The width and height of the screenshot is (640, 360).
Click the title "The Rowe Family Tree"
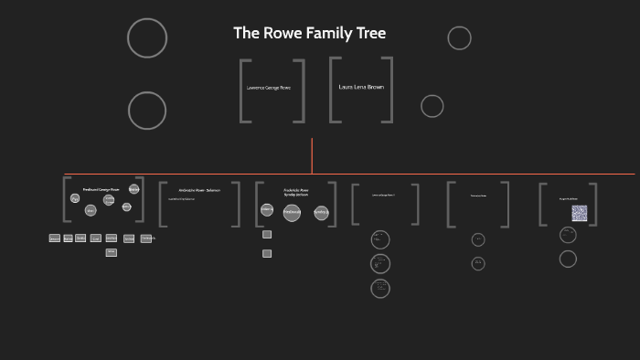pos(309,34)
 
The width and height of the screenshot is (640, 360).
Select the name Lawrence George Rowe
pos(272,88)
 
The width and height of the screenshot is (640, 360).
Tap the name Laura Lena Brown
pos(361,88)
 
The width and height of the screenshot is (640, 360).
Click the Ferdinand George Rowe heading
pos(101,189)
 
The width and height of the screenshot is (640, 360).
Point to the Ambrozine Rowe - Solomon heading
pos(198,190)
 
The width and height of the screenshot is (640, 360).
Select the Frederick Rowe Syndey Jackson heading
pos(295,192)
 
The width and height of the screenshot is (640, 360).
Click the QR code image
pos(579,213)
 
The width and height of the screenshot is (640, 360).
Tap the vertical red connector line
pos(312,155)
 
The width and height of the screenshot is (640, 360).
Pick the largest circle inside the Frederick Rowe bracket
pos(292,213)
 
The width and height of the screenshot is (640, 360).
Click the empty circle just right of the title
pos(459,38)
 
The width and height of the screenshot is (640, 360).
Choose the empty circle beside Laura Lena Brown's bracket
pos(432,106)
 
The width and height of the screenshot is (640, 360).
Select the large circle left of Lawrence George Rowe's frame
pos(147,111)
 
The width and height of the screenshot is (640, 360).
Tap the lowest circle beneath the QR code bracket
pos(568,259)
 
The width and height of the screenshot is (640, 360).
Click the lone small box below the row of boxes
pos(111,252)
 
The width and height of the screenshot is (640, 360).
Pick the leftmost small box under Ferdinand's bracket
pos(55,238)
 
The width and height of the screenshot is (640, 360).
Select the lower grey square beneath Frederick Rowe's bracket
pos(267,253)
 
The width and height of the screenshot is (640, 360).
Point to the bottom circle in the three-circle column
pos(380,289)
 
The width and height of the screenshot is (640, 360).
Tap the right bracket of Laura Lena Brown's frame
pos(389,90)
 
